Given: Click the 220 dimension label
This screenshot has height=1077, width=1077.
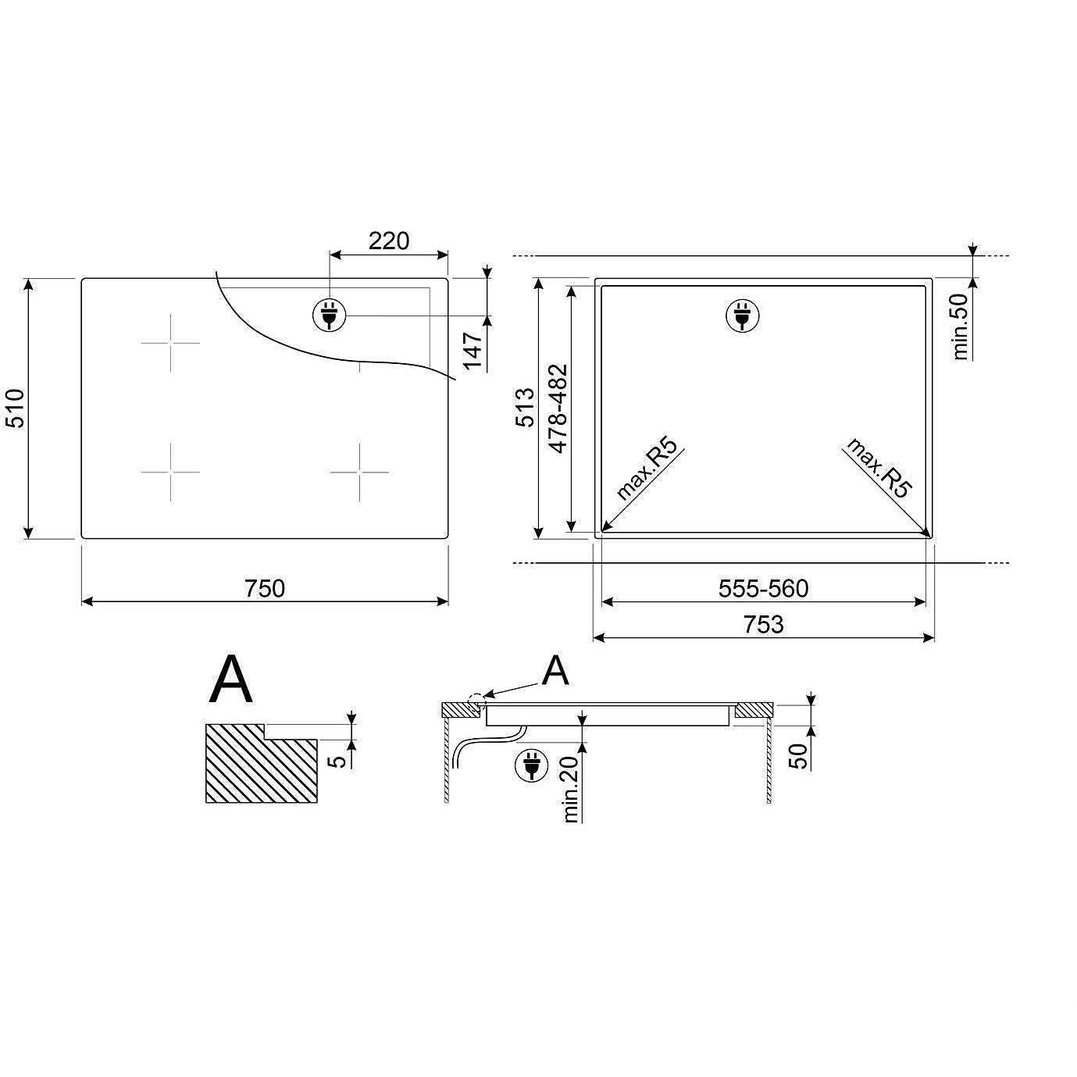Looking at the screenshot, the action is pos(389,241).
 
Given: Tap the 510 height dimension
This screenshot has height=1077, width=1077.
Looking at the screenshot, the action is pos(15,408).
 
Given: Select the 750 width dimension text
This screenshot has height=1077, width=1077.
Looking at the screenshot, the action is pos(264,589).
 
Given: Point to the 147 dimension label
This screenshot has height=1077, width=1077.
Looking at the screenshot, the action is pos(473,351).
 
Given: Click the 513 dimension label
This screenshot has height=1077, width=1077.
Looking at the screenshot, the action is pos(526,408).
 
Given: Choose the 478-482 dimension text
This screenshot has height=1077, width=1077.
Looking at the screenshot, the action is pos(558,408).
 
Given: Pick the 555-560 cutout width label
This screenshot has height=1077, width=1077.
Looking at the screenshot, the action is pos(764,589).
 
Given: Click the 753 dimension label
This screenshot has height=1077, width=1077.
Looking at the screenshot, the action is pos(764,624).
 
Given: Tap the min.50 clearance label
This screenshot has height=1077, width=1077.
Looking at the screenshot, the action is pos(961,326).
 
